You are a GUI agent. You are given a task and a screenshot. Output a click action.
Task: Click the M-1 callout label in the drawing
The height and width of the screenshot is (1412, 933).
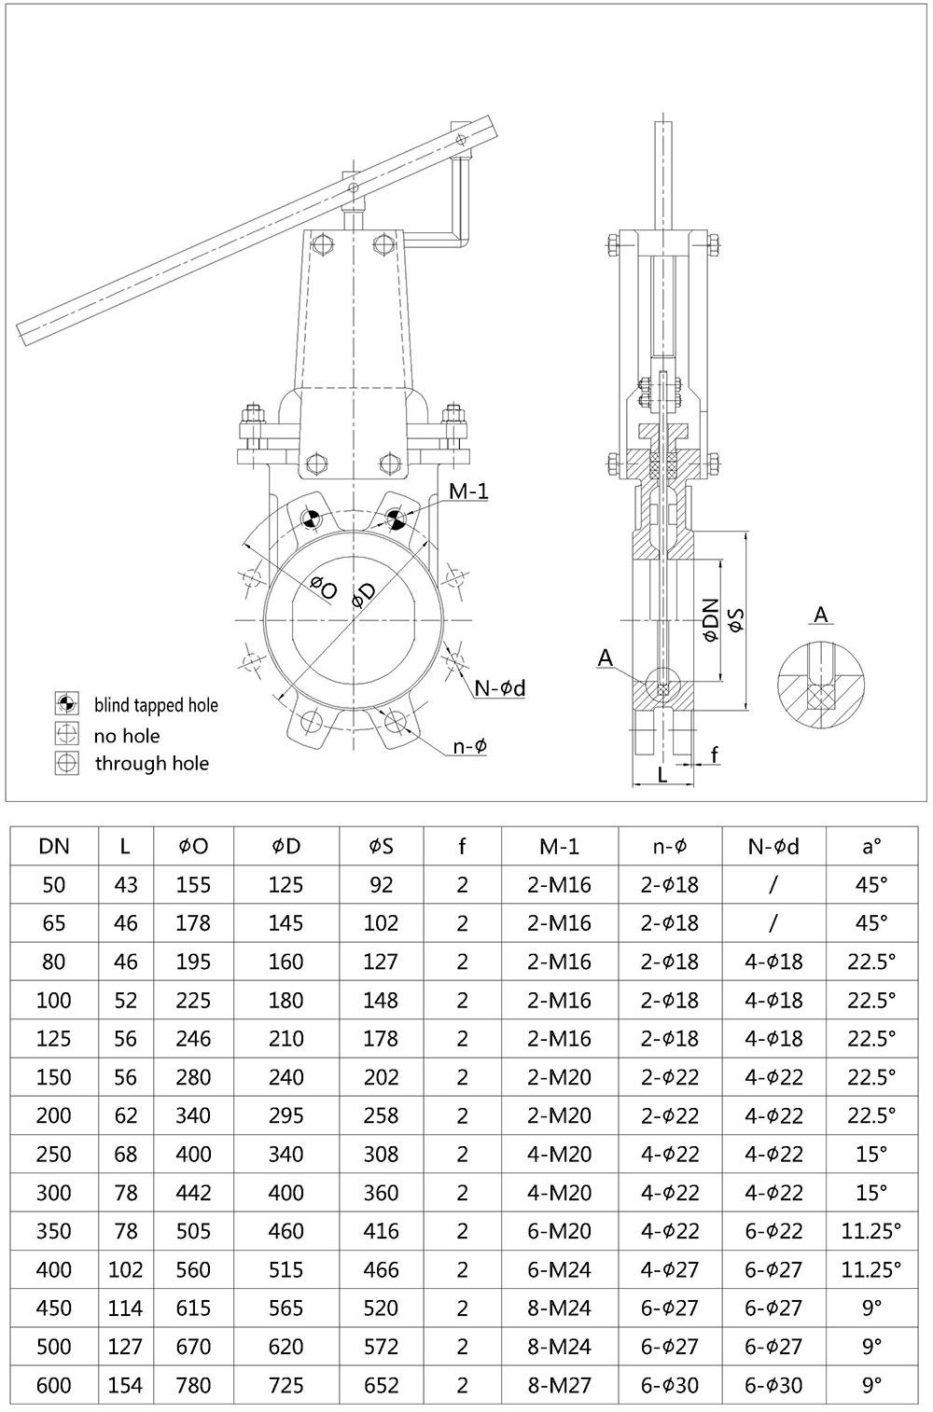pyautogui.click(x=468, y=491)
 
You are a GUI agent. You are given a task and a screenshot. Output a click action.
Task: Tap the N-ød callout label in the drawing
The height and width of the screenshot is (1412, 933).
pyautogui.click(x=500, y=688)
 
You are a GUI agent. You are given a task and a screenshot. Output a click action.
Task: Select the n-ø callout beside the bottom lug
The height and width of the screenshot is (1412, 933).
pyautogui.click(x=470, y=745)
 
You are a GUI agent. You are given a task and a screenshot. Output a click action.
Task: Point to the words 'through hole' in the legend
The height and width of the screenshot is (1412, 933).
pyautogui.click(x=151, y=763)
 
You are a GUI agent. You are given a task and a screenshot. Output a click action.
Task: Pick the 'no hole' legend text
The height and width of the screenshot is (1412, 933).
pyautogui.click(x=127, y=736)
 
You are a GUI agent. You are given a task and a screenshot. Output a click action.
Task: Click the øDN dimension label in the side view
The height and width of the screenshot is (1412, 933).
pyautogui.click(x=711, y=619)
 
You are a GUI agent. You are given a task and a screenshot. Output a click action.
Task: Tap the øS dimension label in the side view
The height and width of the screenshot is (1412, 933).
pyautogui.click(x=736, y=620)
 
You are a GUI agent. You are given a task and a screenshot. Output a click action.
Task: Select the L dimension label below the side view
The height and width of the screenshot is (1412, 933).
pyautogui.click(x=662, y=775)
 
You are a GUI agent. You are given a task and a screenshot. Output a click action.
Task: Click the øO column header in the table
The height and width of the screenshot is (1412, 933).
pyautogui.click(x=193, y=846)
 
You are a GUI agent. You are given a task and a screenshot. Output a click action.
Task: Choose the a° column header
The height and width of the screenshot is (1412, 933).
pyautogui.click(x=870, y=846)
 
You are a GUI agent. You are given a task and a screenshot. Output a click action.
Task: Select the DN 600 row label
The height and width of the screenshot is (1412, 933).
pyautogui.click(x=53, y=1385)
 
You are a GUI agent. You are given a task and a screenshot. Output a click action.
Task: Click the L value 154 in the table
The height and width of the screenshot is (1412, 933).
pyautogui.click(x=125, y=1385)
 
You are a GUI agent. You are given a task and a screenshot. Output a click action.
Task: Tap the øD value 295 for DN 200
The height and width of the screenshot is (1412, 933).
pyautogui.click(x=286, y=1115)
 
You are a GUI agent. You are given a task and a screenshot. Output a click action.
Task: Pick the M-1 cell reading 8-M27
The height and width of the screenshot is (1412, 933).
pyautogui.click(x=559, y=1385)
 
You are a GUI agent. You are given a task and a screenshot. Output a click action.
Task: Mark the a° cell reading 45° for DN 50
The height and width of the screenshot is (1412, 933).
pyautogui.click(x=870, y=884)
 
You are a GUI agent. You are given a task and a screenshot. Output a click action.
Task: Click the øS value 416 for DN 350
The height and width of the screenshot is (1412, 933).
pyautogui.click(x=381, y=1231)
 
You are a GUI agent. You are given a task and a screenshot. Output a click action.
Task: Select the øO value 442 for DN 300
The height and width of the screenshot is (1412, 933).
pyautogui.click(x=193, y=1193)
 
